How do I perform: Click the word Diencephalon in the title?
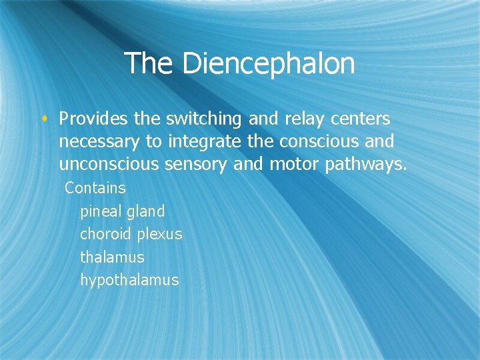268,64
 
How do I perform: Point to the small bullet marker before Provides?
47,119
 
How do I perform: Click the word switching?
203,119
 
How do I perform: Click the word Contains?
95,188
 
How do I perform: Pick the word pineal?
100,212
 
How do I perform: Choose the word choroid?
106,234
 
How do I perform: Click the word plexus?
160,235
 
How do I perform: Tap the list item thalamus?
112,257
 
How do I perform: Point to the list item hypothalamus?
129,280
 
